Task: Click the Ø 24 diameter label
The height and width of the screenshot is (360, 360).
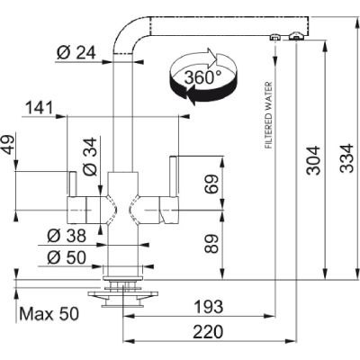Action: pos(76,53)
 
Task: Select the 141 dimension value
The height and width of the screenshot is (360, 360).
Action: pos(40,108)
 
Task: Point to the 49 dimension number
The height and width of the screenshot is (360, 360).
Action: pos(9,145)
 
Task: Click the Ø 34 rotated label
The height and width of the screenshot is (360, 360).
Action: pos(90,157)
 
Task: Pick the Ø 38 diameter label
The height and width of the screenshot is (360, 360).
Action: pos(67,236)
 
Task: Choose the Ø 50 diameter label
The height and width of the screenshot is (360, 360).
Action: pos(67,257)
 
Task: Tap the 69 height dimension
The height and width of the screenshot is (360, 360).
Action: pos(212,184)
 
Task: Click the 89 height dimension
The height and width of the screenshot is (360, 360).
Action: pos(212,244)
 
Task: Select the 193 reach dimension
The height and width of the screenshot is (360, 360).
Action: pos(209,307)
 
